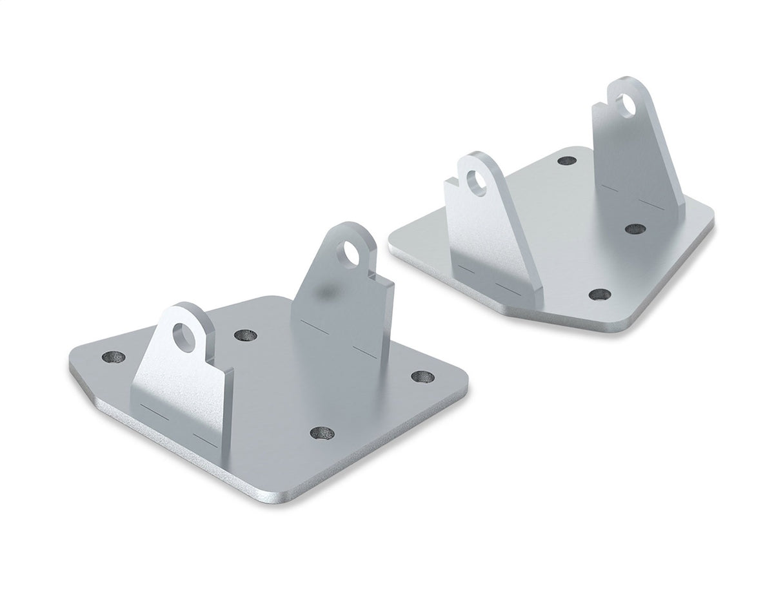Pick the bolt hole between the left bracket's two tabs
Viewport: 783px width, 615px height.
pos(244,335)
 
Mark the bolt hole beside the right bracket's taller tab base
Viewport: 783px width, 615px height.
pos(635,229)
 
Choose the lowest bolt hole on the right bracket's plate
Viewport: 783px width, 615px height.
pos(600,295)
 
